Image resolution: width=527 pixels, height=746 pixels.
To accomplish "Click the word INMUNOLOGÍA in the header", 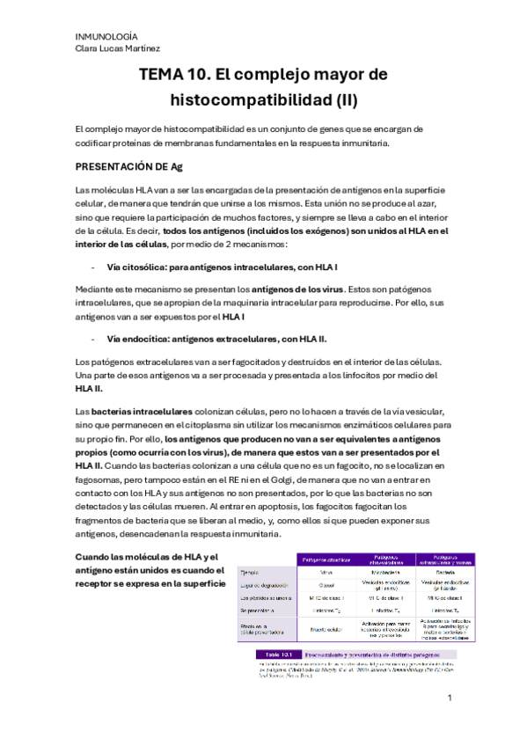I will tap(106, 36).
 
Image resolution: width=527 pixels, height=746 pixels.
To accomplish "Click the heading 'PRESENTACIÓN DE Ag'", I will tap(128, 165).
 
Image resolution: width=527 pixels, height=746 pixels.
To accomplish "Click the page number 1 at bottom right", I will tap(449, 698).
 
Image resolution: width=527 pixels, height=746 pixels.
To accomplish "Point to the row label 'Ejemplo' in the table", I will tap(253, 572).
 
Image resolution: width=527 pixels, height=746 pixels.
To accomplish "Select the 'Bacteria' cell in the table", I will tap(444, 572).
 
